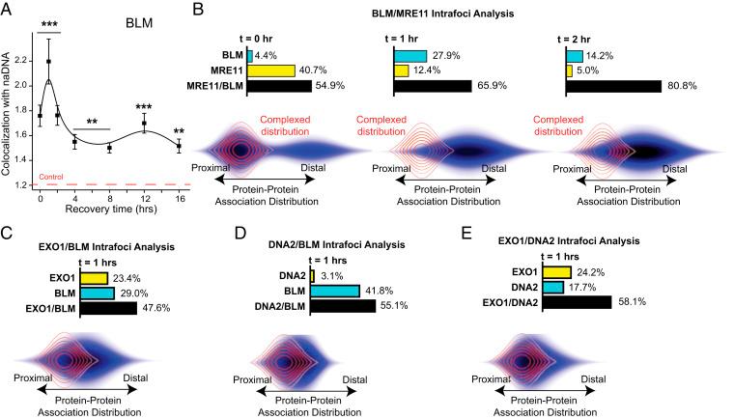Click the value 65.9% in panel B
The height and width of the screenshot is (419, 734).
point(488,86)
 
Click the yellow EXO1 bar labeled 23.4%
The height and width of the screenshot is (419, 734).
point(94,278)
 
